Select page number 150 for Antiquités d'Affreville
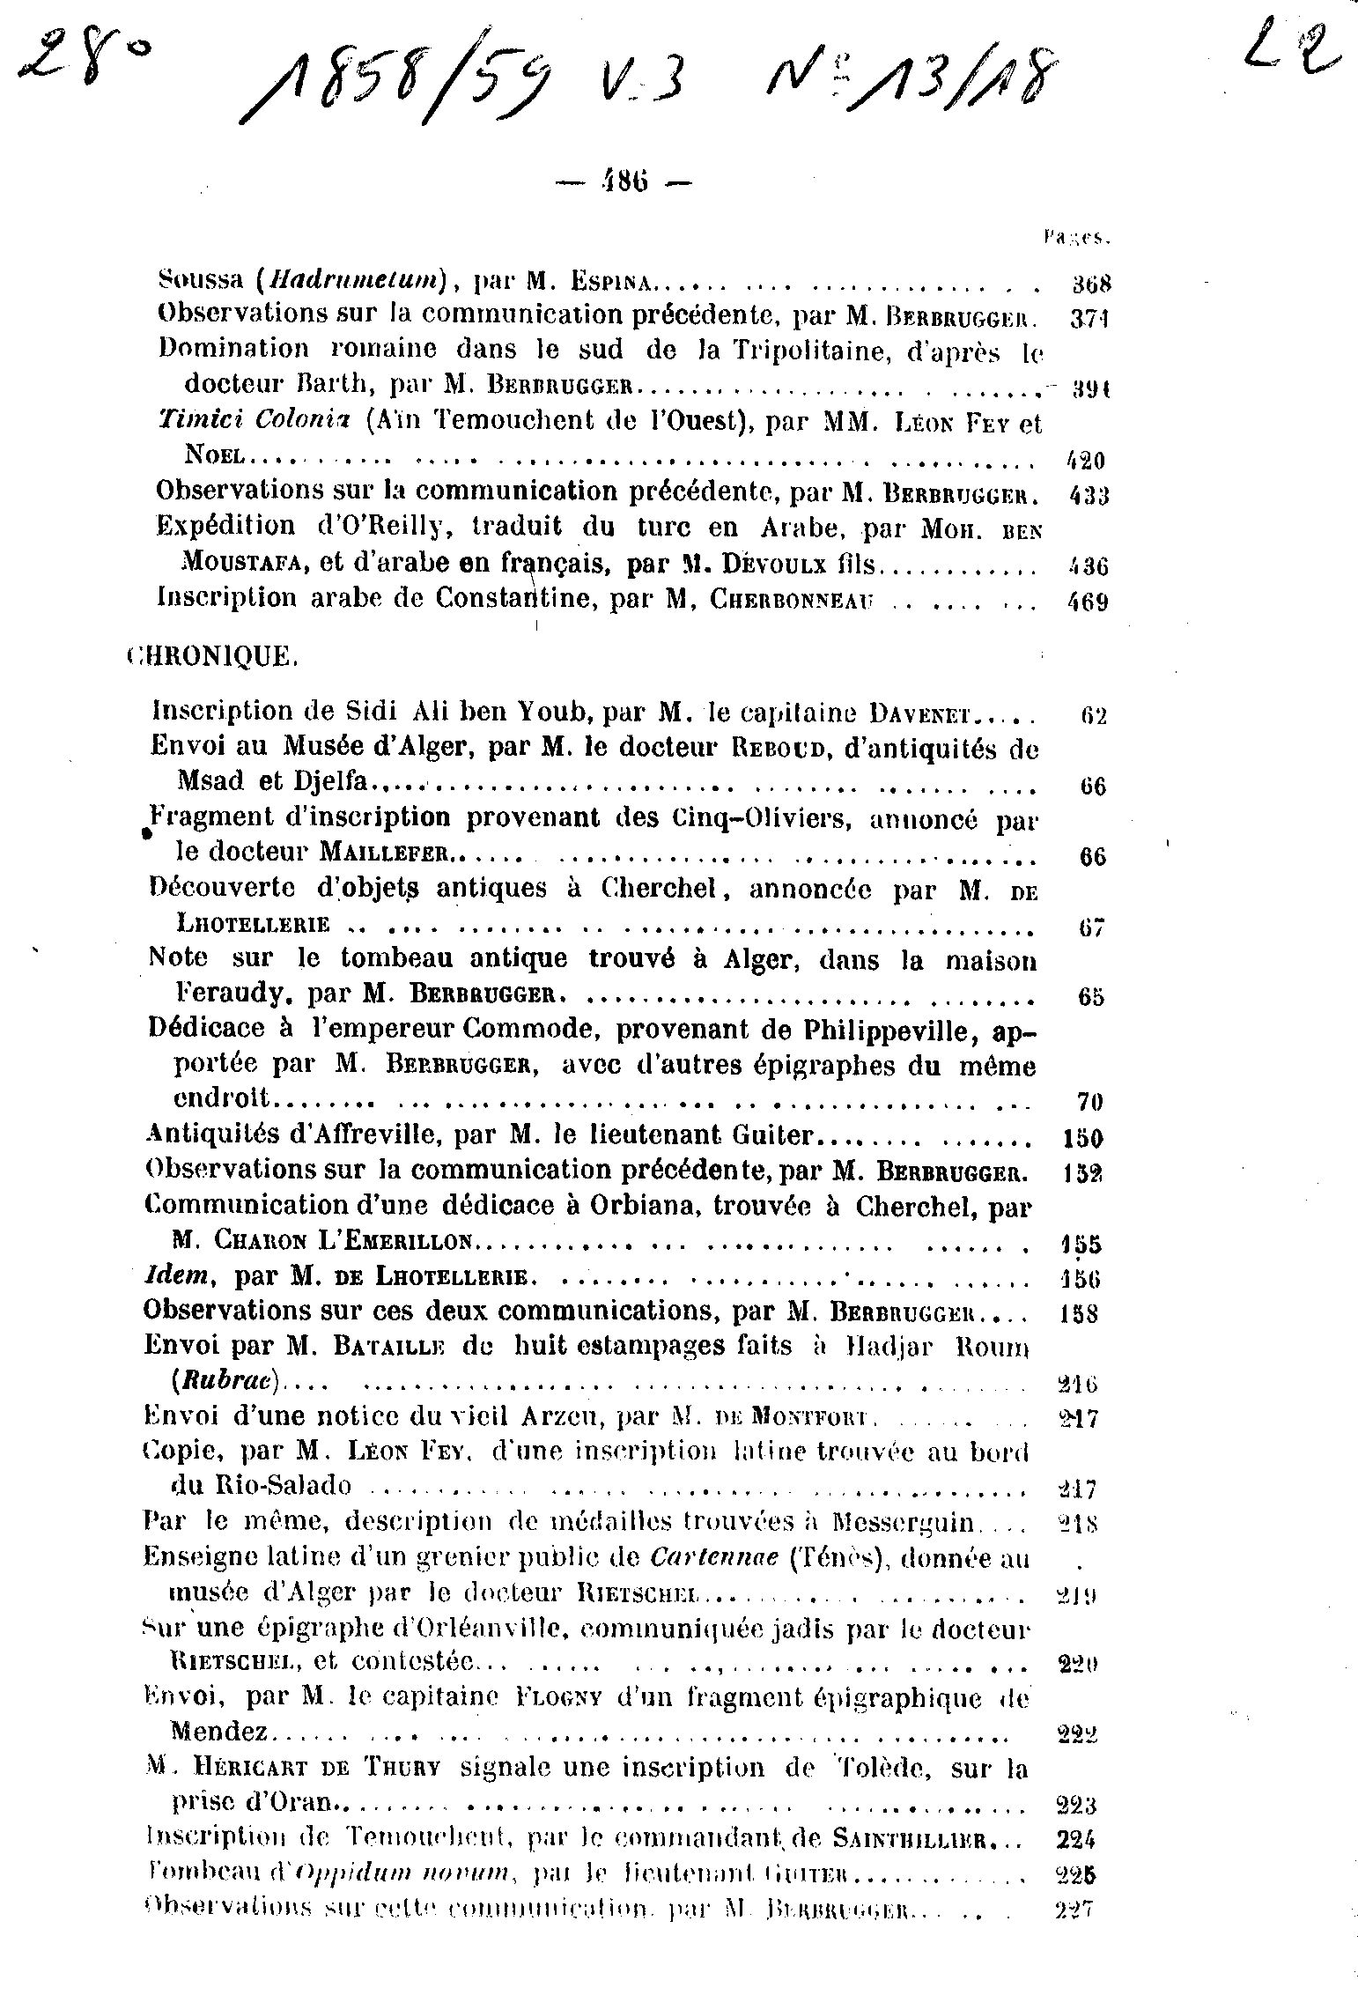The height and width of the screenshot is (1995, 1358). [x=1081, y=1138]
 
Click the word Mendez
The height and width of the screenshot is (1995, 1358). [x=221, y=1731]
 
